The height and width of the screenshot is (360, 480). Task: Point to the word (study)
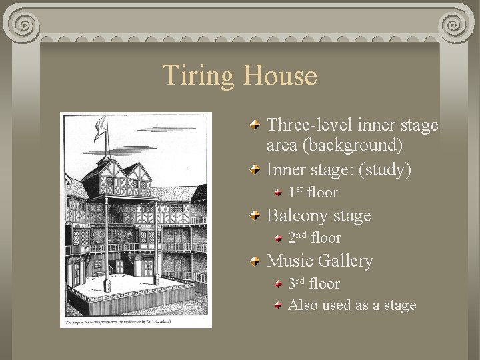(x=385, y=170)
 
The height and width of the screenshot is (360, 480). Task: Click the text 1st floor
(x=313, y=193)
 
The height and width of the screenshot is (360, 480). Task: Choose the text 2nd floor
(x=314, y=238)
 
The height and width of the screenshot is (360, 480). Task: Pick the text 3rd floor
(x=313, y=284)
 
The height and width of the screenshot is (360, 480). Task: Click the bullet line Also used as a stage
(x=352, y=305)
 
